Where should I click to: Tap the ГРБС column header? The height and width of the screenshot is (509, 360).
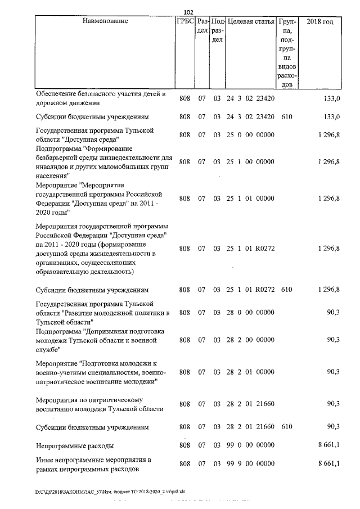(x=184, y=21)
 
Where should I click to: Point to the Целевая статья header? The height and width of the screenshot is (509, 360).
(x=250, y=21)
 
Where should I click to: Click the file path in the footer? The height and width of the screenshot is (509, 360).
(x=110, y=491)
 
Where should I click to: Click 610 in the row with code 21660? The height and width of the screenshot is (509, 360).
(x=287, y=427)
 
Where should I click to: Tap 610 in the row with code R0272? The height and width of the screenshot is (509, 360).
(x=287, y=290)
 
